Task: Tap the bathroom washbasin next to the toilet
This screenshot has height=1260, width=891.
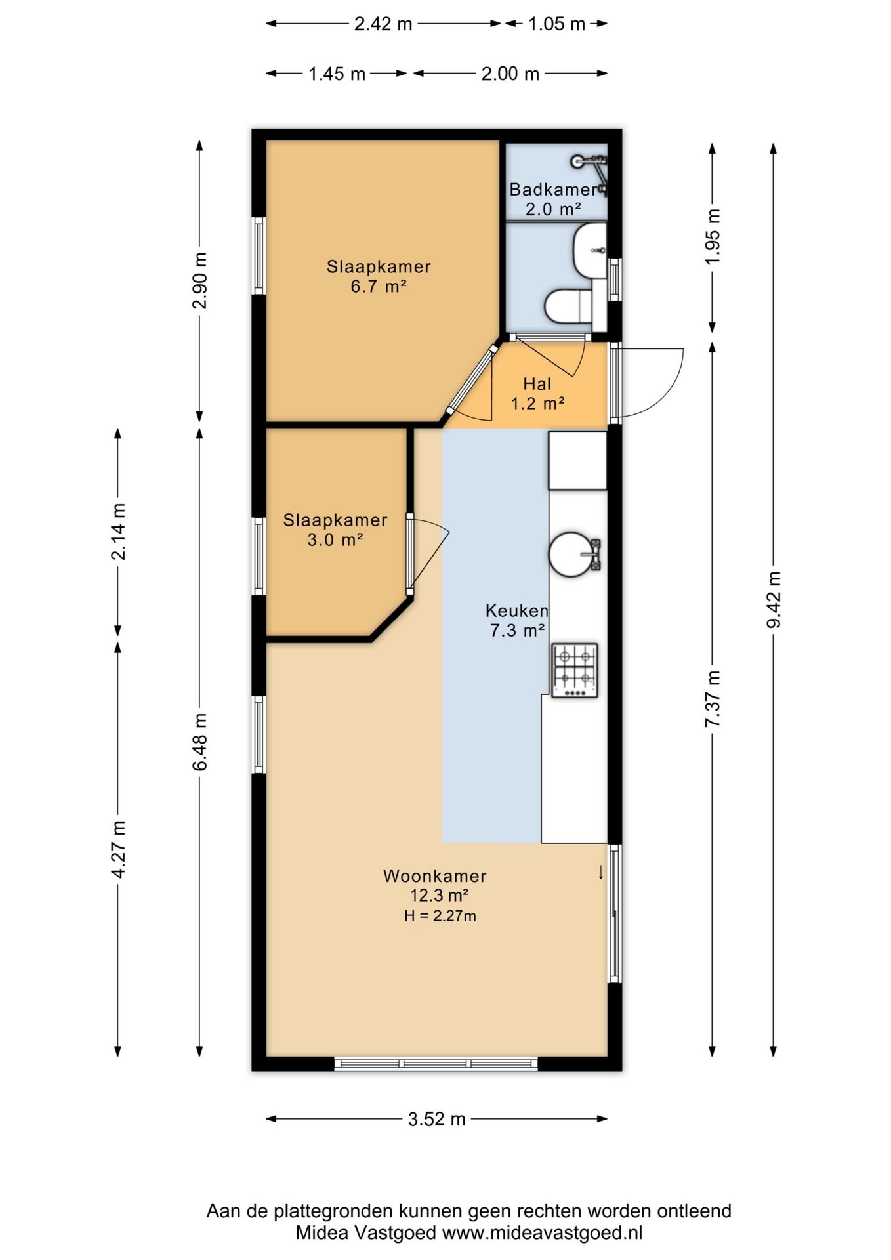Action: pos(590,250)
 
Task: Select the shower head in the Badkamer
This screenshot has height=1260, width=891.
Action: pos(578,160)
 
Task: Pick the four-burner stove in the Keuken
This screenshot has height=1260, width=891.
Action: pos(575,670)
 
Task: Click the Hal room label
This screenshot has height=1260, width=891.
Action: pos(537,384)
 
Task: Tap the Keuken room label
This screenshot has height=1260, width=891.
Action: pos(516,611)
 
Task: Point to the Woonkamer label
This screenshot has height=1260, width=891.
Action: pos(435,876)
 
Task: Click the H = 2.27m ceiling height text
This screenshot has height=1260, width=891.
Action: pos(440,916)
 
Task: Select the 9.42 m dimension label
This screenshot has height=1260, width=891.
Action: pos(774,599)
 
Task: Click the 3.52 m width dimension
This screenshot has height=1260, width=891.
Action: pos(436,1119)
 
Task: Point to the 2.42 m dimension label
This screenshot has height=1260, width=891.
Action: pos(383,24)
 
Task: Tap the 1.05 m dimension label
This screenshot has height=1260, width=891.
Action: pos(556,24)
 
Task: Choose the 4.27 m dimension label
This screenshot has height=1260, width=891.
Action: pos(118,849)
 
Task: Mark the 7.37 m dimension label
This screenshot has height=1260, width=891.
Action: pos(713,698)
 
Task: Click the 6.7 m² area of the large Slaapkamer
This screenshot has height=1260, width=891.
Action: pos(379,286)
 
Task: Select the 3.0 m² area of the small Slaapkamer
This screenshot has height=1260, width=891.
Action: pos(335,540)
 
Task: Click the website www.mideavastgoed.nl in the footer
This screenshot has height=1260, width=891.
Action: pos(542,1232)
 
